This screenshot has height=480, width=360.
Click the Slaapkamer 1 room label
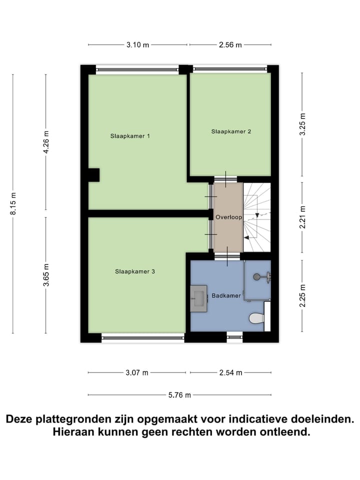point(130,135)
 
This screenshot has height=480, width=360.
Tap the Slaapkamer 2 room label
point(230,131)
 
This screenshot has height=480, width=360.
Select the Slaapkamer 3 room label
point(134,271)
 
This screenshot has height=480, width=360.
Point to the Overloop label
point(228,217)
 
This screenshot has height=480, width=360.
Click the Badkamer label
point(226,295)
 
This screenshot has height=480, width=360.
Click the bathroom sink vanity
point(198,298)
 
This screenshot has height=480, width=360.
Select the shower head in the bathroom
point(258,275)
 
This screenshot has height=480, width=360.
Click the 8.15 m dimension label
point(13,203)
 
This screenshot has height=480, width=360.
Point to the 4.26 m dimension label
point(46,142)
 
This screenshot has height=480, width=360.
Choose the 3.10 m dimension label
point(137,45)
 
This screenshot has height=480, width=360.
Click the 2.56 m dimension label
point(230,45)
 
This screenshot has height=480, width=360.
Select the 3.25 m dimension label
point(302,124)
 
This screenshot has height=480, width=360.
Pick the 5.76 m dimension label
point(179,395)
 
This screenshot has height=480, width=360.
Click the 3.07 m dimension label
point(137,372)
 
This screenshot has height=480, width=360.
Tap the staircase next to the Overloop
point(256,217)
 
